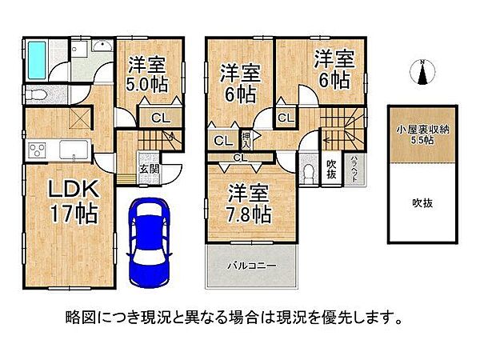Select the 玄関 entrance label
click(148, 168)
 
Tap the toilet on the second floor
click(311, 173)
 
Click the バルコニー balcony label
click(250, 264)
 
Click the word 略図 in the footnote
click(77, 317)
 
